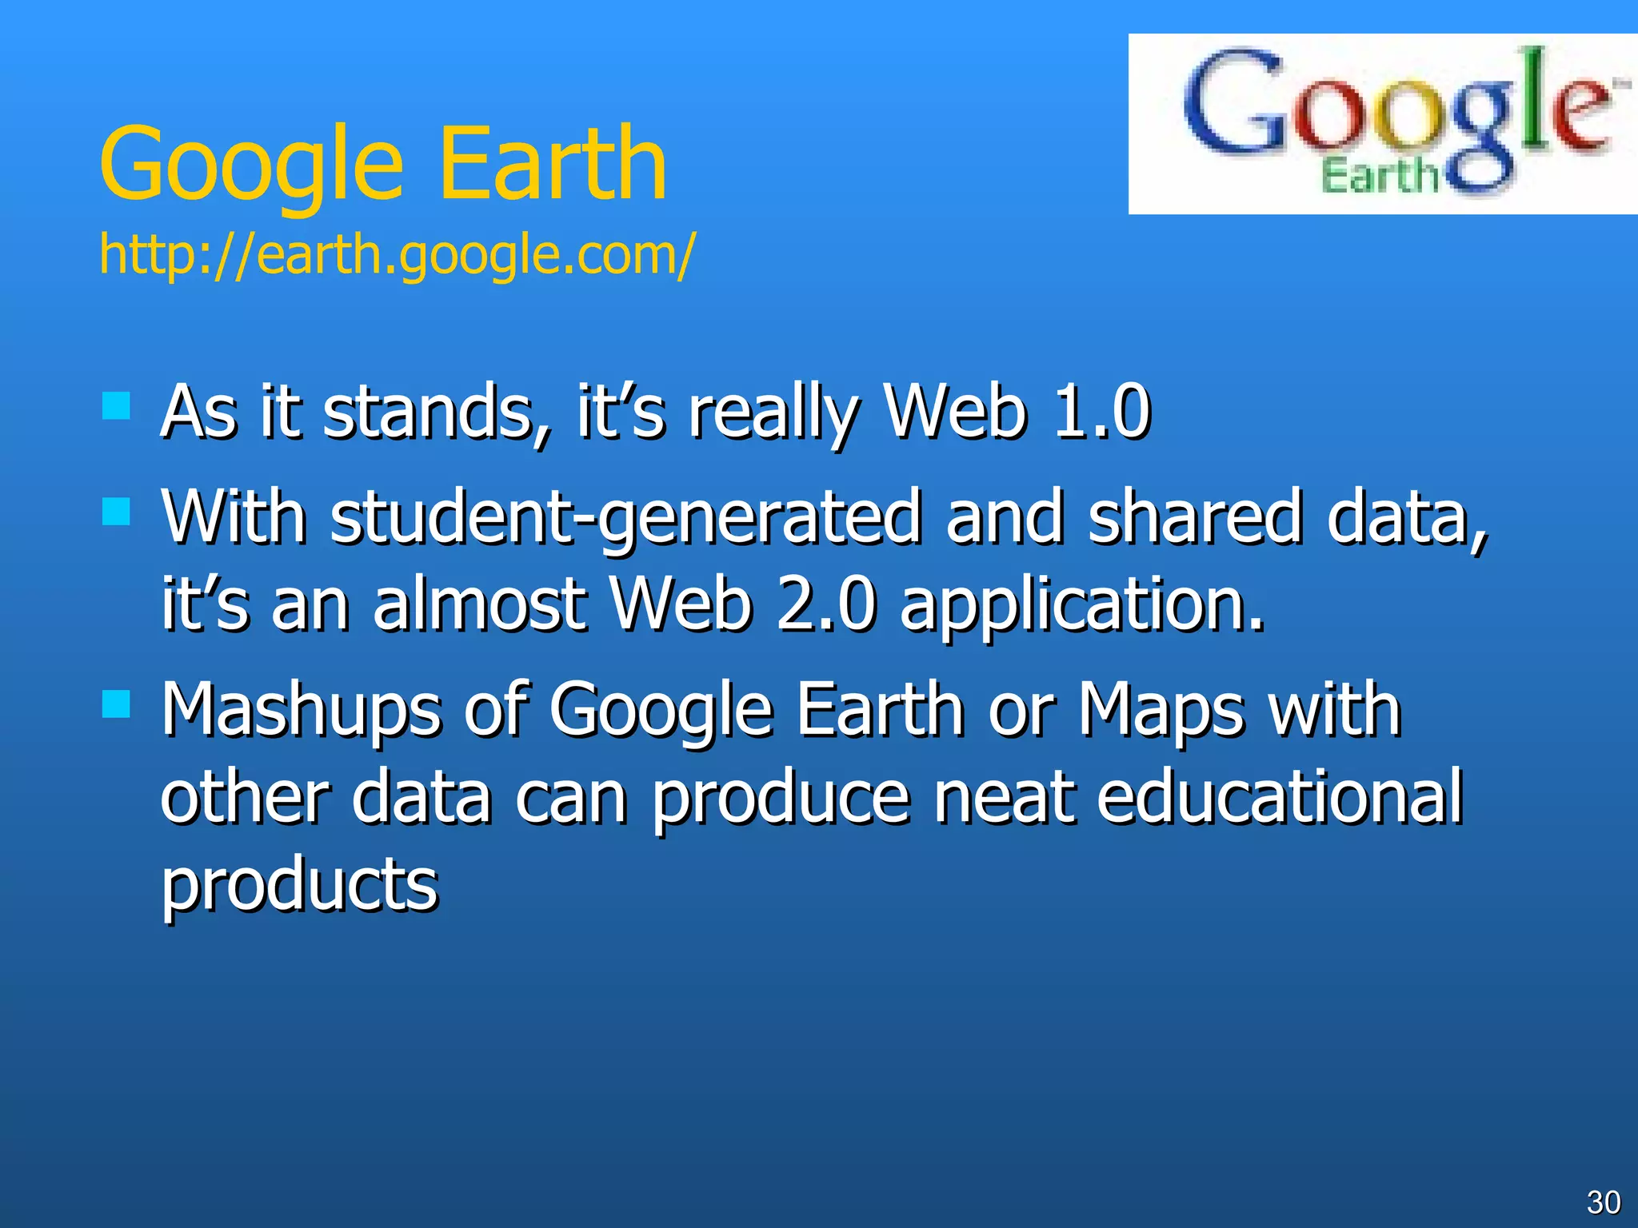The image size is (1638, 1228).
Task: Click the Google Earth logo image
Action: [x=1382, y=124]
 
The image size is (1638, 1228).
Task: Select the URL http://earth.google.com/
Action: [x=398, y=254]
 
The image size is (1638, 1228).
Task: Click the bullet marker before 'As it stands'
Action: [x=117, y=405]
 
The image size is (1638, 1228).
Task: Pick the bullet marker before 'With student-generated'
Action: [x=117, y=512]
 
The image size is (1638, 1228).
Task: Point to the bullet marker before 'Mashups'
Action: [x=117, y=704]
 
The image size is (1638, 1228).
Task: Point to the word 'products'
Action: [x=300, y=886]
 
